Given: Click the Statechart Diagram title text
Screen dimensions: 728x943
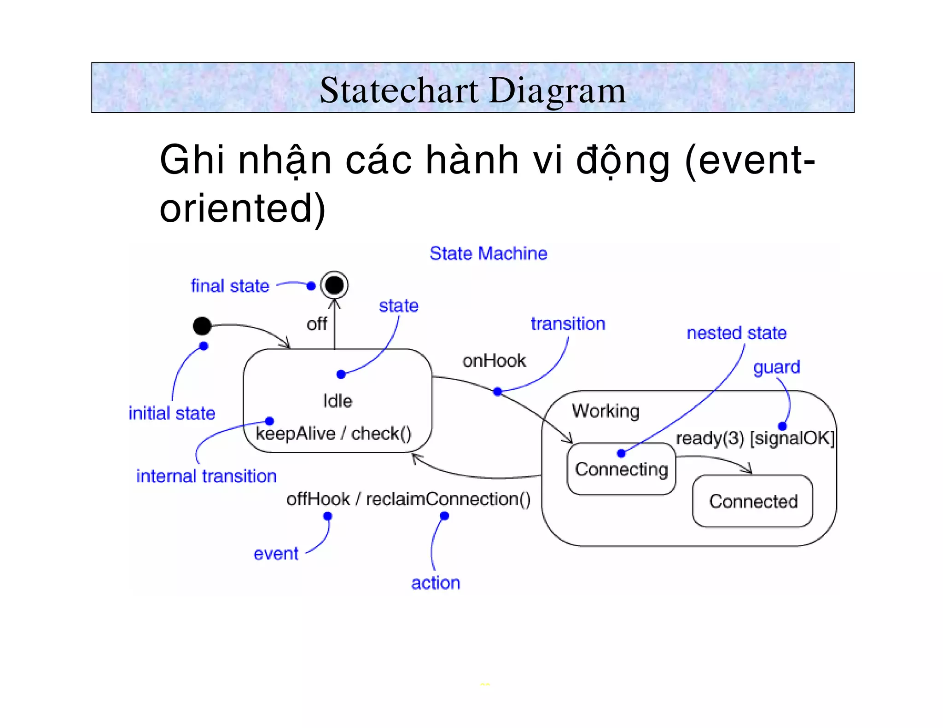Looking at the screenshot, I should point(472,90).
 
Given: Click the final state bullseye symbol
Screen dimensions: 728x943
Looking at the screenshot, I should point(334,285).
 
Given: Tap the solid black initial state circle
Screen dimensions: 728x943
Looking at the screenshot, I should point(202,326).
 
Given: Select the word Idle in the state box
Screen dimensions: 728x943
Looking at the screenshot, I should point(338,401).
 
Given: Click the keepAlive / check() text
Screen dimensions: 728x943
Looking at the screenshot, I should point(333,433).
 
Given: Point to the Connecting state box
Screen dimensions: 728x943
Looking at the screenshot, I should point(621,469).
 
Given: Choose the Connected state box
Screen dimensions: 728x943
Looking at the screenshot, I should point(753,501).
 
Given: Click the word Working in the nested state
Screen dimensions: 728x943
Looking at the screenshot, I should point(605,410).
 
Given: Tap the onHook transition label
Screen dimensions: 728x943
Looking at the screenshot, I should point(494,360).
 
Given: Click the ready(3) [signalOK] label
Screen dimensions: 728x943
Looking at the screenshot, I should point(755,438).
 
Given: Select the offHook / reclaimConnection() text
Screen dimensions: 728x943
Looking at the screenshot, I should point(408,499).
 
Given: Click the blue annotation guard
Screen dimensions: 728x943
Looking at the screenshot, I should point(776,367).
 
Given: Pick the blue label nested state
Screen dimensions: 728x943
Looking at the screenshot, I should point(736,333).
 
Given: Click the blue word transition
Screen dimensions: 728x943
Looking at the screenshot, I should point(568,324).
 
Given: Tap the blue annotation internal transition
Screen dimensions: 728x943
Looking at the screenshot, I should point(206,476).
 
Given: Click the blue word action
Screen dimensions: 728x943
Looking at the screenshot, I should point(436,583).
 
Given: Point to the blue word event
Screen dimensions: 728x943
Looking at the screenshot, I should point(276,554).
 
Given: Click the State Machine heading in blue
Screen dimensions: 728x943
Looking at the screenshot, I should point(488,254).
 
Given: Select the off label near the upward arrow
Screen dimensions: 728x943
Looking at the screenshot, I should point(317,324).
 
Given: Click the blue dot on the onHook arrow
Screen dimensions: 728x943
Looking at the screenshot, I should point(497,392).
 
